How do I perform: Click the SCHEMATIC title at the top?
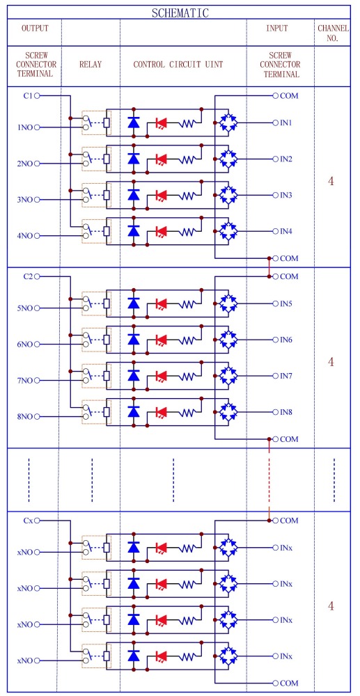[180, 13]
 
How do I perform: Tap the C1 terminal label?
[28, 95]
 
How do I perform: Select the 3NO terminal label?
[25, 200]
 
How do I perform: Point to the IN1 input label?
[285, 122]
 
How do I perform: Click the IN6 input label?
[285, 340]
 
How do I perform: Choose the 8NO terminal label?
[25, 417]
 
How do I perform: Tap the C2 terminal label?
[28, 276]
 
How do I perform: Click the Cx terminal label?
[28, 520]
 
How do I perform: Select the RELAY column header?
[91, 64]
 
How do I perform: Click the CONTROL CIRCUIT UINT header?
[178, 64]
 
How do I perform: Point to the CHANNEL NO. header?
[332, 33]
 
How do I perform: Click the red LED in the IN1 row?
[161, 123]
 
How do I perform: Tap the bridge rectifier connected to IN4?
[228, 232]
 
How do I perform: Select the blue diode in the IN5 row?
[134, 303]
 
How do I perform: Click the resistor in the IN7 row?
[188, 377]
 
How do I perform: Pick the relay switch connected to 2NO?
[87, 159]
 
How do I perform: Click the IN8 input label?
[285, 412]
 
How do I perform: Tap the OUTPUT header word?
[35, 29]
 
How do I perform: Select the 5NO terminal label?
[25, 308]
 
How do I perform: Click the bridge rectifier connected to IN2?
[228, 159]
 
